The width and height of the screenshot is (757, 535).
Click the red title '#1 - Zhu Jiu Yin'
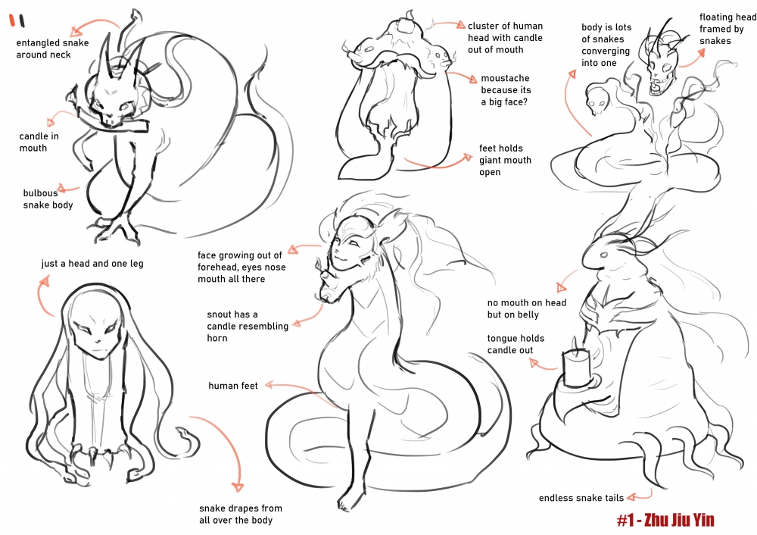point(665,520)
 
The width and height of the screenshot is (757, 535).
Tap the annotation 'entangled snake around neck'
point(53,48)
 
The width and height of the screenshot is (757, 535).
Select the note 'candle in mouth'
point(39,142)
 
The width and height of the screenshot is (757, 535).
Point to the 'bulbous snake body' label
point(48,199)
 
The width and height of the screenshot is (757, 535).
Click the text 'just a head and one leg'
point(92,264)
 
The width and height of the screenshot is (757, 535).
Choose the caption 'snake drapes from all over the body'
point(241,515)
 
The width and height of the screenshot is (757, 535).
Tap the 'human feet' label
point(233,386)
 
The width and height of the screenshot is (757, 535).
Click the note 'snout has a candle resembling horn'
point(248,326)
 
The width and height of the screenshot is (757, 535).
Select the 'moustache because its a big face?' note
point(506,90)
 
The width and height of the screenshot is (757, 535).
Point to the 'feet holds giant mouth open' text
point(505,160)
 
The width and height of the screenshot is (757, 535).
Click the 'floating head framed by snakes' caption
point(727,29)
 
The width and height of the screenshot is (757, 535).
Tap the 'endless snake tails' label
point(581,498)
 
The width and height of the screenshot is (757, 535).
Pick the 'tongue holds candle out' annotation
point(516,344)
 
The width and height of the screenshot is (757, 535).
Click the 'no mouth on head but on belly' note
point(527,308)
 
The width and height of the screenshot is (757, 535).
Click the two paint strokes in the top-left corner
point(17,20)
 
